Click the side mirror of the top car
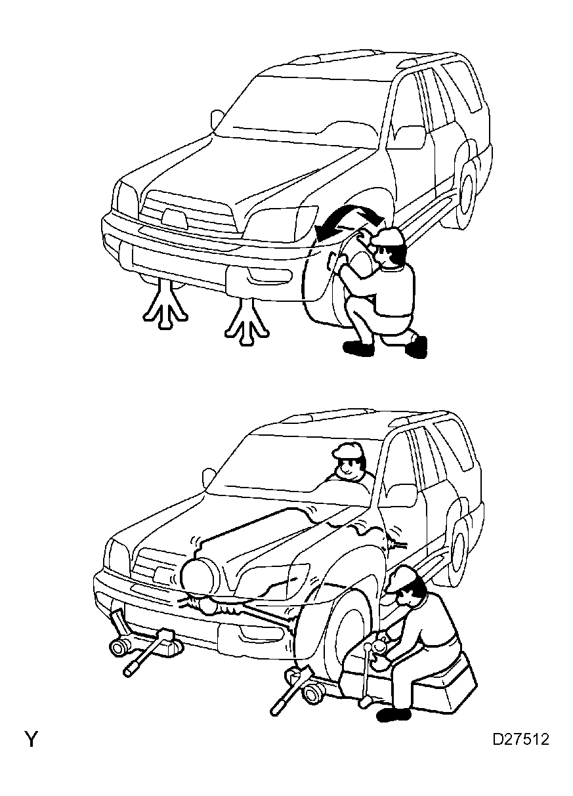216,119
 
